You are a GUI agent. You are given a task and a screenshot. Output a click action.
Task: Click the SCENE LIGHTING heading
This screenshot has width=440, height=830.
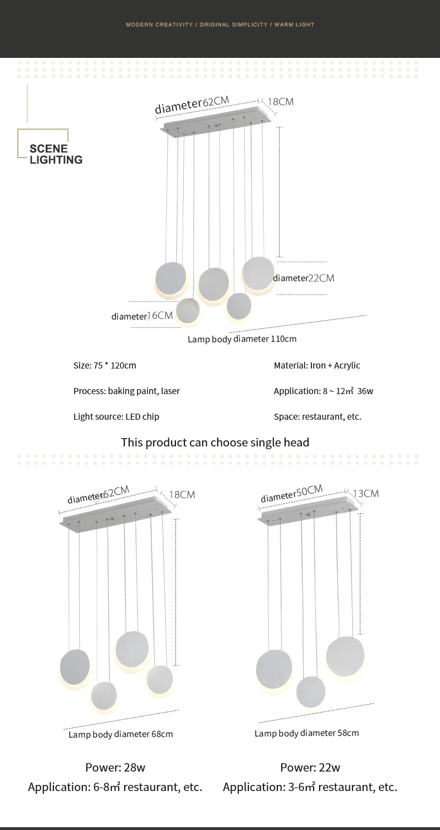pos(56,154)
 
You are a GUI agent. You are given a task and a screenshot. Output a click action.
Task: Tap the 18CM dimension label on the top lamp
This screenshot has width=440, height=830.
pos(280,102)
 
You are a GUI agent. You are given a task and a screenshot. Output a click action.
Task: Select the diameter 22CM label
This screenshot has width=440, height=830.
pos(303,278)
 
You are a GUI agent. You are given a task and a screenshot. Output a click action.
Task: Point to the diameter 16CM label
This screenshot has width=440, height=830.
pos(142,316)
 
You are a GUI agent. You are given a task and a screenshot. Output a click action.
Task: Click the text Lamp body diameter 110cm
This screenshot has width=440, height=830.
pos(242,339)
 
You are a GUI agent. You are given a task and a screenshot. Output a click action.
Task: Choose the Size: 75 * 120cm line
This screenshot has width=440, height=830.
pos(105,366)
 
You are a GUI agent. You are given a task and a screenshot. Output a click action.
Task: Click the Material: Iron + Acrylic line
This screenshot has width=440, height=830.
pos(316,366)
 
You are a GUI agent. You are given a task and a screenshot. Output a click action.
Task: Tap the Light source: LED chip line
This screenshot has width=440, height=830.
pos(116,417)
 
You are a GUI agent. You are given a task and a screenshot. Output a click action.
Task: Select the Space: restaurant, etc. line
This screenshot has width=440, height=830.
pos(317,417)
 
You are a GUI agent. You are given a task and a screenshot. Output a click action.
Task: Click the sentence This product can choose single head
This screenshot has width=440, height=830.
pos(215,443)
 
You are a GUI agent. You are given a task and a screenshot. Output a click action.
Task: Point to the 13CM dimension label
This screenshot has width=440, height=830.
pos(365,494)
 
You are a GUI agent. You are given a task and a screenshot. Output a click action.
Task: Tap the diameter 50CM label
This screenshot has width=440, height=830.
pos(291,493)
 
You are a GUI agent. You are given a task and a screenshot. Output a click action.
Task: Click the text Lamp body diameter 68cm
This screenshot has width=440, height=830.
pos(120,734)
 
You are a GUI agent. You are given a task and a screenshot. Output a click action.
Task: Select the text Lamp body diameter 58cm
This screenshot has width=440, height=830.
pos(306,733)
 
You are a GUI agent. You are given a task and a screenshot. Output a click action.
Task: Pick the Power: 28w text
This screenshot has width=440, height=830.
pos(115,768)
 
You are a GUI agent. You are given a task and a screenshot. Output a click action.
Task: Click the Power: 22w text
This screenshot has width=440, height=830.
pos(310,768)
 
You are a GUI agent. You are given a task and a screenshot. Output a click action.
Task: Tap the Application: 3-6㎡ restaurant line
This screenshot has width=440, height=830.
pos(310,787)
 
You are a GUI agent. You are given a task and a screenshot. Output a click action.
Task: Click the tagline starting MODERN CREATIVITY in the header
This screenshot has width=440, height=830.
pos(220,25)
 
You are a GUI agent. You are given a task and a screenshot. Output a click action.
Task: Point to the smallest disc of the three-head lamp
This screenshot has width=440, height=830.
pos(310,692)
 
